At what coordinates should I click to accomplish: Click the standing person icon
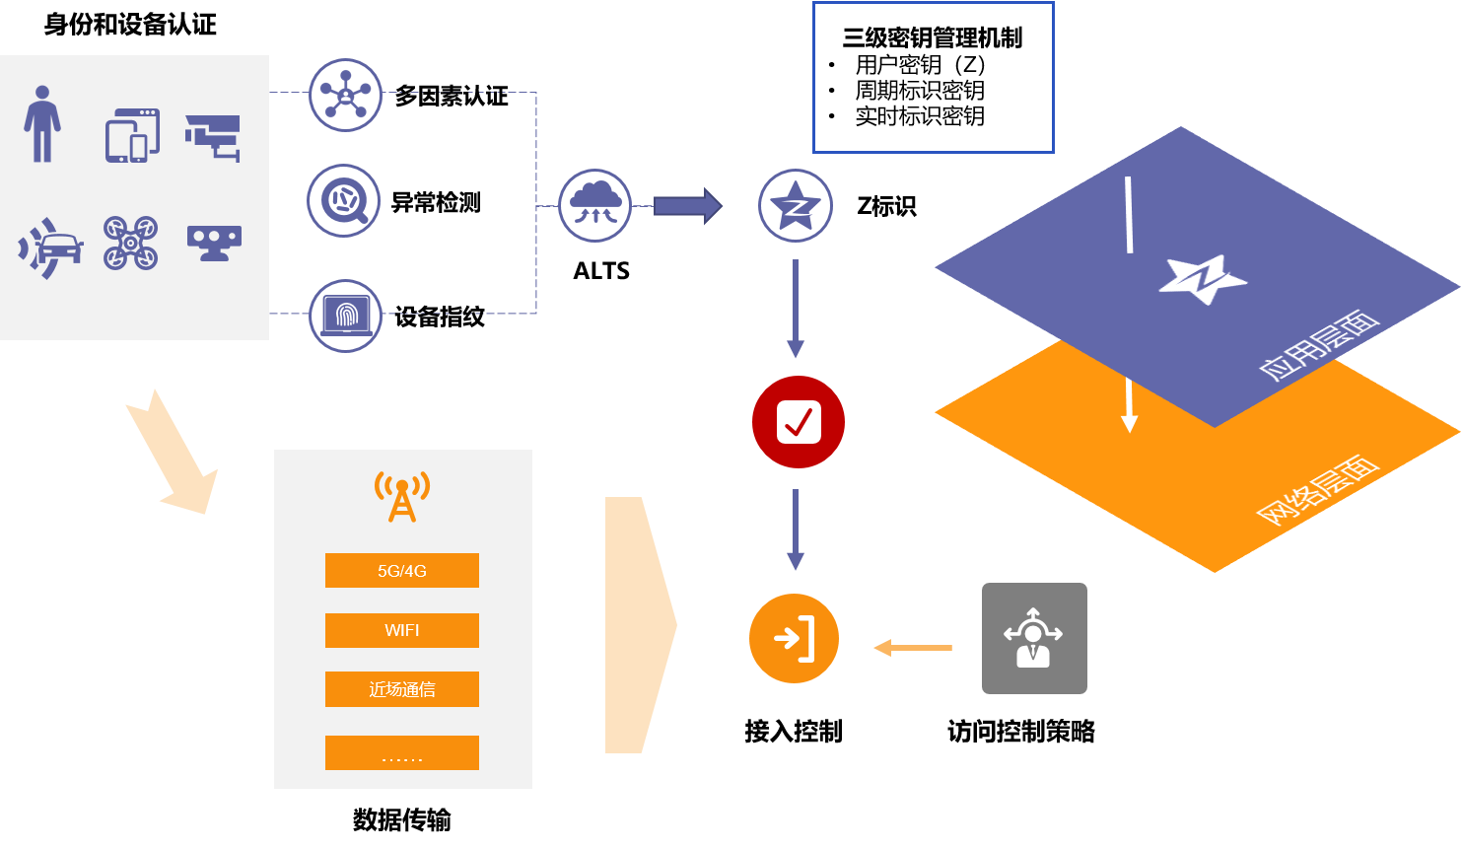42,123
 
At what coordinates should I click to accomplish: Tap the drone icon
131,243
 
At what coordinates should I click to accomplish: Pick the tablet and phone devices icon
132,136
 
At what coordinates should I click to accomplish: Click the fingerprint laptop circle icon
345,316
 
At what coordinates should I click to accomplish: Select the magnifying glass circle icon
344,201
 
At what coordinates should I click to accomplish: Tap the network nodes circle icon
345,95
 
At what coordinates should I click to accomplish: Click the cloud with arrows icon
595,206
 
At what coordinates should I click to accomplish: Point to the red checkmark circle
799,422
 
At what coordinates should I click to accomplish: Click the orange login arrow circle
795,639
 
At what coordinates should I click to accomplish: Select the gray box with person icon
1034,639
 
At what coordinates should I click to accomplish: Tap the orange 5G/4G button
402,571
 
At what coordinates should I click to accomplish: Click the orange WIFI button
402,630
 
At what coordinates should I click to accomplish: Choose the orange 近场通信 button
402,689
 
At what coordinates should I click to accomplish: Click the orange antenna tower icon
402,496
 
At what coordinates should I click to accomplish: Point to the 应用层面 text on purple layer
1318,344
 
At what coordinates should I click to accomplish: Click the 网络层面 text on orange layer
1316,490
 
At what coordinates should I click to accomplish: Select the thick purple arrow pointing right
688,206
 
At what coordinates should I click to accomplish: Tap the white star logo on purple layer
1202,280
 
